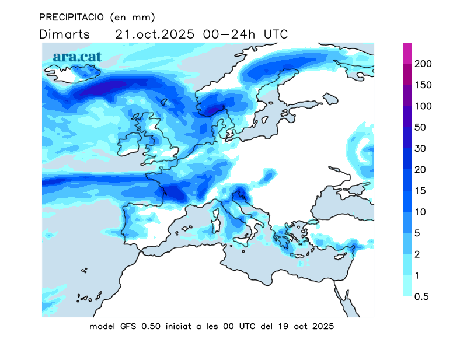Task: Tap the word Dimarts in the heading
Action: tap(65, 34)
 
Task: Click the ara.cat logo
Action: tap(77, 57)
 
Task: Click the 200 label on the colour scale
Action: tap(423, 64)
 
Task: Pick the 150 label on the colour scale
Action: tap(423, 85)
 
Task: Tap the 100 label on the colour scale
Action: tap(423, 106)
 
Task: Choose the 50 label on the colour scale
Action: tap(420, 127)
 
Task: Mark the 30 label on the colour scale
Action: tap(420, 148)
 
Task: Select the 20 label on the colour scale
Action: tap(420, 170)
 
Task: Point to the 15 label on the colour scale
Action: tap(420, 191)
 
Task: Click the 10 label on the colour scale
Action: tap(420, 212)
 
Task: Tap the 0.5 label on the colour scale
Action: tap(421, 296)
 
